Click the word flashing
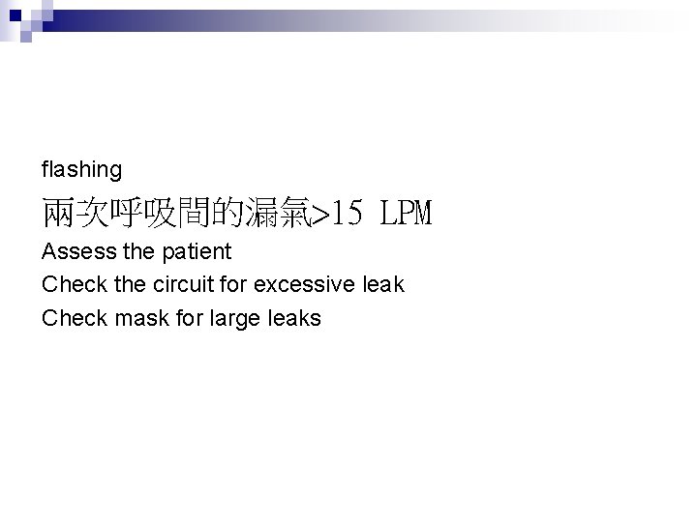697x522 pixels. (x=81, y=170)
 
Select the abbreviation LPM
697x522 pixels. (x=407, y=212)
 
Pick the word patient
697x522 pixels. (x=197, y=252)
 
